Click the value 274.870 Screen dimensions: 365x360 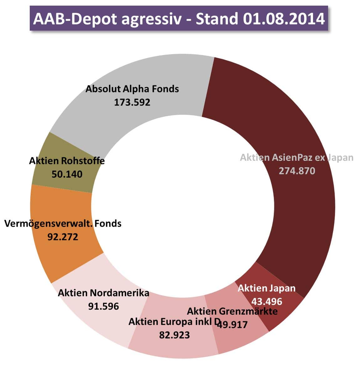297,171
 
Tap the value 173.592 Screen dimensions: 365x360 132,102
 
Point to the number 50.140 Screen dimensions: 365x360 67,174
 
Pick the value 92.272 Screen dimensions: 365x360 63,237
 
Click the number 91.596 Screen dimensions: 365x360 103,306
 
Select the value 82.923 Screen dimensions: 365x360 174,335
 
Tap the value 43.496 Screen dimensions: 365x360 267,301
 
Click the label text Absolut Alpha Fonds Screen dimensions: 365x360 132,89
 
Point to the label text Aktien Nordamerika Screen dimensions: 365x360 103,293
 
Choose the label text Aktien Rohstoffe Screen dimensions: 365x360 67,161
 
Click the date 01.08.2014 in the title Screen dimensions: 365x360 283,19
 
